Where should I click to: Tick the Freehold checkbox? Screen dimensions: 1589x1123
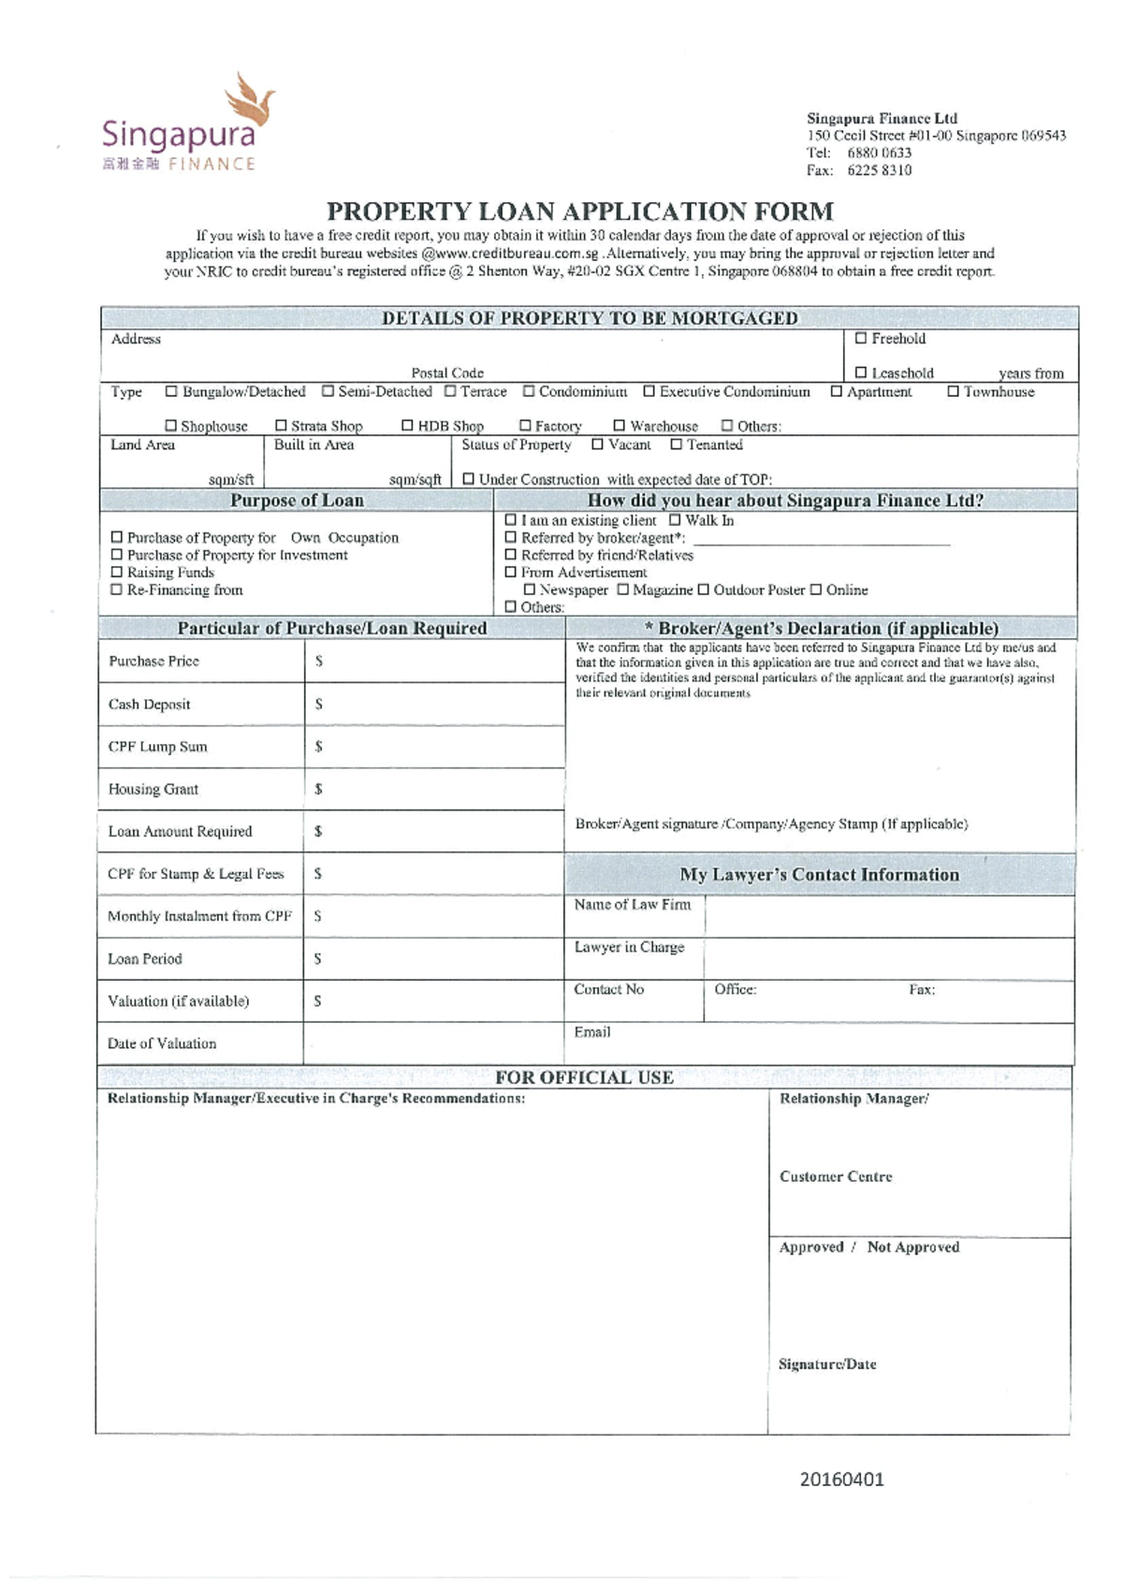pos(861,339)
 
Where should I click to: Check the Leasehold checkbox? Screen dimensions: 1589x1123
pos(861,372)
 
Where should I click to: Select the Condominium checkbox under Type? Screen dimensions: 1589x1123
pos(529,391)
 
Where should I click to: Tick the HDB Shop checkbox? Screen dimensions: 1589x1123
pos(407,426)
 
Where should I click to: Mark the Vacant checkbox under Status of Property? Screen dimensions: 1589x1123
pos(597,445)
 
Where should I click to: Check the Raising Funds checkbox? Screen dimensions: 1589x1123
pos(117,572)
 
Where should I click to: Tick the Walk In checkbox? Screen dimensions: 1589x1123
pos(675,520)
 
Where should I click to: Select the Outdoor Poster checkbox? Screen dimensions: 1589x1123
pos(703,590)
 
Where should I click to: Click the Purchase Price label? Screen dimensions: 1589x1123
pos(153,661)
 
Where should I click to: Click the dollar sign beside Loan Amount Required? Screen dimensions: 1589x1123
pos(318,831)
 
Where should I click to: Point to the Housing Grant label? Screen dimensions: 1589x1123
pos(153,789)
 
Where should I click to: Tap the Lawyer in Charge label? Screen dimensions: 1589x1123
pos(629,947)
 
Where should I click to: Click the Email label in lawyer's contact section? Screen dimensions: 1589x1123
pos(591,1032)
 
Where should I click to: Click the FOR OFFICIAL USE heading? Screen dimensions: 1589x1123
pos(584,1077)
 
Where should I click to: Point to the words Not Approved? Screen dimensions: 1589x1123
pos(912,1246)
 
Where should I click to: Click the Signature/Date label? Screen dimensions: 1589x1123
pos(827,1364)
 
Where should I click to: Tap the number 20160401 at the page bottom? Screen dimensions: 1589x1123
pos(841,1480)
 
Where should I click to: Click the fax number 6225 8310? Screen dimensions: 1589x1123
pos(879,170)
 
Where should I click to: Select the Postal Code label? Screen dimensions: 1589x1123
pos(447,372)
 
